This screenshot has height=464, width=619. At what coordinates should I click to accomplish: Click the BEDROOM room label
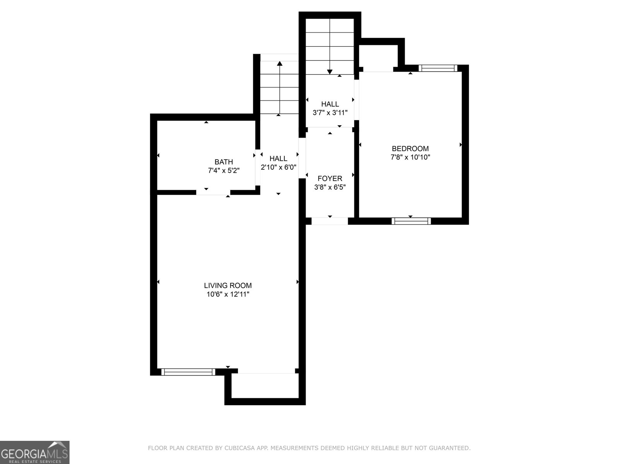tap(410, 148)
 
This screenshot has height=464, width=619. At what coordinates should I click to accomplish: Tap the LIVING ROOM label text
tap(228, 286)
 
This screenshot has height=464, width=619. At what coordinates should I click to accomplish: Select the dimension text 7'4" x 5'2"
tap(224, 171)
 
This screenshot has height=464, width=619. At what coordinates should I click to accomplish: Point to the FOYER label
tap(330, 179)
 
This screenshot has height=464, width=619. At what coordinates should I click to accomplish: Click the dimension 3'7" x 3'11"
tap(330, 113)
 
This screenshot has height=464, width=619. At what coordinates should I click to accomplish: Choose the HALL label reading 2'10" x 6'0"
tap(279, 159)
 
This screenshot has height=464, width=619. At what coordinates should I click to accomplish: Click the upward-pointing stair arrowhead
tap(280, 63)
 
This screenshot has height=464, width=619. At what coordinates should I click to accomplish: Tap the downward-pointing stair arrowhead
tap(330, 72)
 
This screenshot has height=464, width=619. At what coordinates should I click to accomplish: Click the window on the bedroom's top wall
tap(438, 68)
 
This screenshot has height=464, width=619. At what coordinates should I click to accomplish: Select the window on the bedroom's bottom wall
tap(411, 221)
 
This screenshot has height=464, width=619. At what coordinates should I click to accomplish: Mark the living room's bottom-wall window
tap(188, 372)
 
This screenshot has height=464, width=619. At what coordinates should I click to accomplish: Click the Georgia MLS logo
tap(34, 452)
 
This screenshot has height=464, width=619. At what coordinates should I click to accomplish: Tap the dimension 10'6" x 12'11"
tap(228, 295)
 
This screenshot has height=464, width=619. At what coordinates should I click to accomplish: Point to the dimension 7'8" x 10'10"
tap(410, 157)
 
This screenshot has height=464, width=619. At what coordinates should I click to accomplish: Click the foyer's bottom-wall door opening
tap(330, 221)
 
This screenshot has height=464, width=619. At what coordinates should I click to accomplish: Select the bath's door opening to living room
tap(213, 192)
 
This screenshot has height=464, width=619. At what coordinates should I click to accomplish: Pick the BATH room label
tap(224, 162)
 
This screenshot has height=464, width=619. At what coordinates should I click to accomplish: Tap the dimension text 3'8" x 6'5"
tap(330, 187)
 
